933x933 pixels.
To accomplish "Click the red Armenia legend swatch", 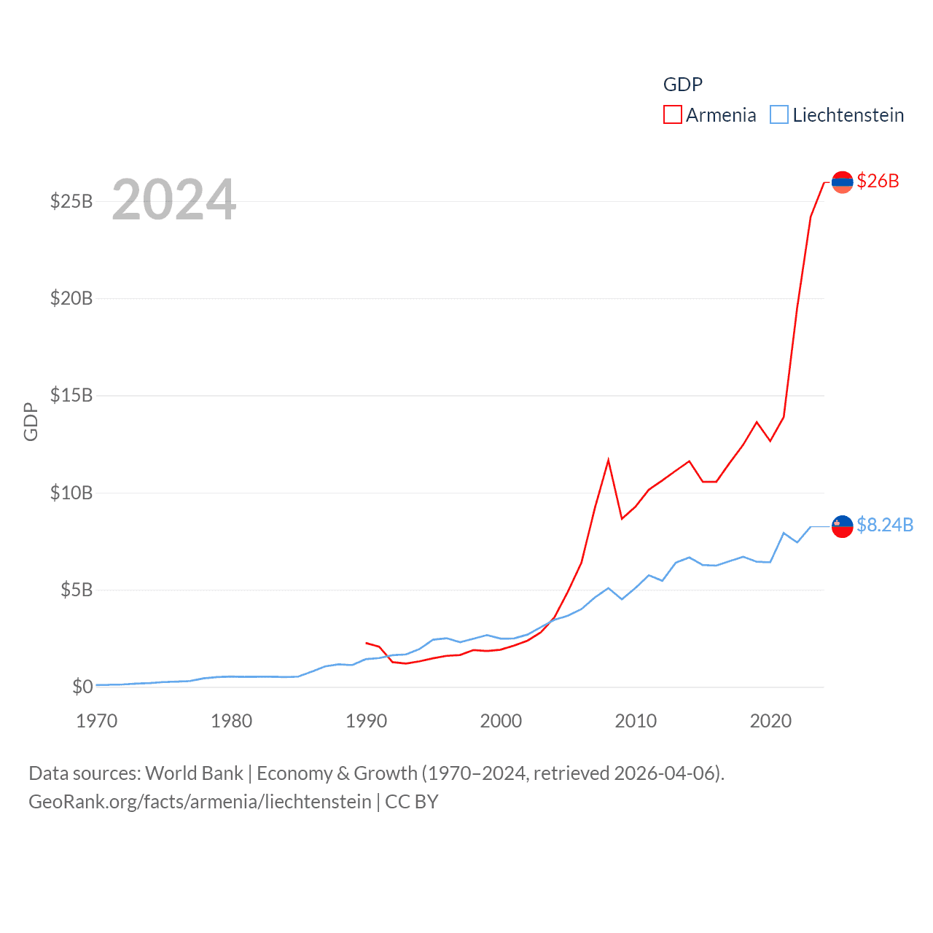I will coord(672,115).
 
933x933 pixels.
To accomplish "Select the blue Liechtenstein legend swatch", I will coord(779,115).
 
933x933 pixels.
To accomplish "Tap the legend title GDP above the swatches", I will coord(682,85).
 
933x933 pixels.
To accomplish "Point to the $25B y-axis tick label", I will coord(71,201).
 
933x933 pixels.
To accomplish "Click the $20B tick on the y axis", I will coord(71,298).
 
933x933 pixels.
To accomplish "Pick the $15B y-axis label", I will coord(71,395).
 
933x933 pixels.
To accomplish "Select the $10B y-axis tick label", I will coord(71,493).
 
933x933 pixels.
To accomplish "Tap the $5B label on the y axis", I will coord(77,590).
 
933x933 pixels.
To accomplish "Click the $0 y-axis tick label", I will coord(82,687).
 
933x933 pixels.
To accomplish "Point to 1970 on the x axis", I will coord(97,721).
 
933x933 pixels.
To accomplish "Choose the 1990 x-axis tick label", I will coord(366,721).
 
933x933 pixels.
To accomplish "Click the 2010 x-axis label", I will coord(636,721).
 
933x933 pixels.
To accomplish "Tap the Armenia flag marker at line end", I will coord(842,181).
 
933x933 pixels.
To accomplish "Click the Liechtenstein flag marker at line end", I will coord(842,526).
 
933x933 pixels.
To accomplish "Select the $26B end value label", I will coord(878,181).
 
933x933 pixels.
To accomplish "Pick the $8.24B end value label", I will coord(885,525).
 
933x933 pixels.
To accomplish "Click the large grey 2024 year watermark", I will coord(174,200).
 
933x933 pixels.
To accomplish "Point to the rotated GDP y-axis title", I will coord(31,421).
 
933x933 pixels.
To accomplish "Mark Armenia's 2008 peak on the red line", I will coord(608,461).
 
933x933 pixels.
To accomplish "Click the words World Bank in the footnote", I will coord(194,773).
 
